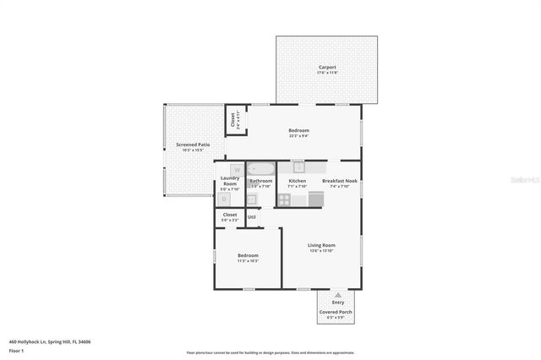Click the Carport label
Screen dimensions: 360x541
pos(327,67)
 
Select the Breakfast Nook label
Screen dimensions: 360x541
pos(340,181)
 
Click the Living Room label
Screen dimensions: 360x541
pos(321,245)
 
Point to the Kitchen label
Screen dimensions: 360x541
pos(298,181)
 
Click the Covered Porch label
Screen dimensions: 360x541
pos(336,312)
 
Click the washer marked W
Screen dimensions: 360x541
pos(225,170)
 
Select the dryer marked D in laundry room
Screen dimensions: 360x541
pos(224,199)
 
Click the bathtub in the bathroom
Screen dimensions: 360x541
pos(260,168)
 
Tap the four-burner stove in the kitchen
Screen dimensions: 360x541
pos(284,200)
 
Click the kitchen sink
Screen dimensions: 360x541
pos(298,166)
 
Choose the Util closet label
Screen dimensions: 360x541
pos(252,217)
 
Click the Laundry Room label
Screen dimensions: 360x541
pos(229,181)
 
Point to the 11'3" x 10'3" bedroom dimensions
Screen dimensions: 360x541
pos(248,261)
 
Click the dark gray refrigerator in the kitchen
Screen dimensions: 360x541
pos(315,199)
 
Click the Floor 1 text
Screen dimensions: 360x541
pos(16,350)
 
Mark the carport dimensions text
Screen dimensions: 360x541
pos(327,73)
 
